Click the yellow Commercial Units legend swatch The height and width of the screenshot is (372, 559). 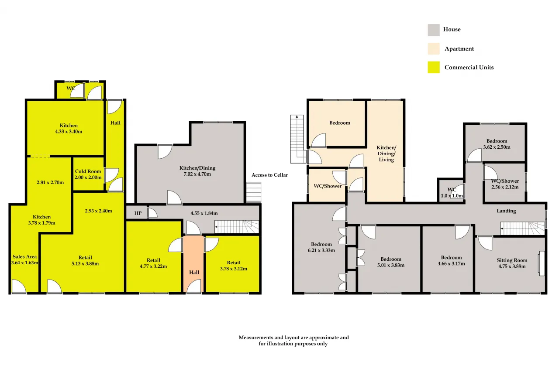click(434, 67)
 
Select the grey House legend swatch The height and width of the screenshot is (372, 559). click(434, 30)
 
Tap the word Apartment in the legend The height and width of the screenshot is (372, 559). click(459, 49)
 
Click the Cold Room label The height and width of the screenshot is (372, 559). click(88, 171)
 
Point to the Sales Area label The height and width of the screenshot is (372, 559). click(24, 256)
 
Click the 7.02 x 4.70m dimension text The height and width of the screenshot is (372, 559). click(197, 174)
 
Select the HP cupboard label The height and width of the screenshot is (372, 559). click(138, 213)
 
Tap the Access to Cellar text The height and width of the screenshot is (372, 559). click(269, 175)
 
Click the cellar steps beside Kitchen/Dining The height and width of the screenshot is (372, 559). click(254, 192)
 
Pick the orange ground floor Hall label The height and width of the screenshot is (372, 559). click(194, 272)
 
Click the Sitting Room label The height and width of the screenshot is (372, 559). click(512, 260)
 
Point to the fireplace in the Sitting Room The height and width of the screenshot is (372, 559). click(541, 263)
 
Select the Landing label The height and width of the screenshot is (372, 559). click(506, 211)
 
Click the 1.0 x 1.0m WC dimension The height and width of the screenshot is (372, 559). click(452, 196)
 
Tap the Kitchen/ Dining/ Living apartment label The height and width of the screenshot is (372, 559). click(386, 154)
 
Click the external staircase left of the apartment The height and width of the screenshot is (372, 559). click(298, 139)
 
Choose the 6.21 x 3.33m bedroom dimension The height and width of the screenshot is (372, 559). click(321, 250)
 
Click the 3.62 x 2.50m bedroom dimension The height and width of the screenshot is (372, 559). click(497, 147)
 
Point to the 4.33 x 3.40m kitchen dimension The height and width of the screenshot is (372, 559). click(69, 132)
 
